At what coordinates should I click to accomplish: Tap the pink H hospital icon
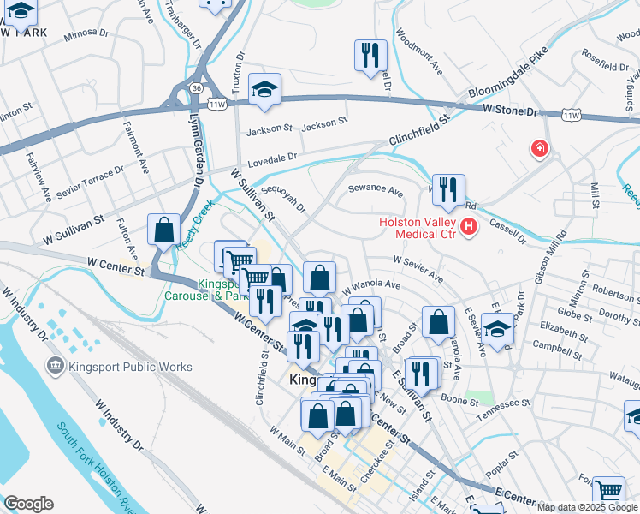[468, 228]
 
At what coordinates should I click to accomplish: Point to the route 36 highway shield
[197, 87]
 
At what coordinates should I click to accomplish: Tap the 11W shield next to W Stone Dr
[571, 114]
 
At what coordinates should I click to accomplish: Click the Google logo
[28, 504]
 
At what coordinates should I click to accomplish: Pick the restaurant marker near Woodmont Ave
[370, 56]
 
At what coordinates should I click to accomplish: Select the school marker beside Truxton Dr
[265, 89]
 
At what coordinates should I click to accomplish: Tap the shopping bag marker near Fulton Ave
[163, 230]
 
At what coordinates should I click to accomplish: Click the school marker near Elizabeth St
[497, 328]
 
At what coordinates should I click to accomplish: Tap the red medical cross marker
[539, 149]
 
